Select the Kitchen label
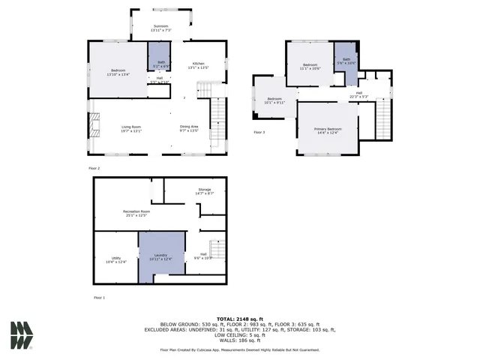tap(199, 65)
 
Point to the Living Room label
tap(132, 129)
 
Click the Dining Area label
tap(189, 129)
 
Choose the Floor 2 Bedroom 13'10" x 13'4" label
tap(119, 72)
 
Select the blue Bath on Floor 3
tap(346, 60)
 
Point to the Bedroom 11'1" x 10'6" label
tap(311, 67)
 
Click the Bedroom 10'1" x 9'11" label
tap(274, 101)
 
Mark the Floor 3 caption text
tap(259, 132)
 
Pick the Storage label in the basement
tap(205, 191)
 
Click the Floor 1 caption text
tap(99, 298)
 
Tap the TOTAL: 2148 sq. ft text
tap(238, 319)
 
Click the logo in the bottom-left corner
tap(22, 335)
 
